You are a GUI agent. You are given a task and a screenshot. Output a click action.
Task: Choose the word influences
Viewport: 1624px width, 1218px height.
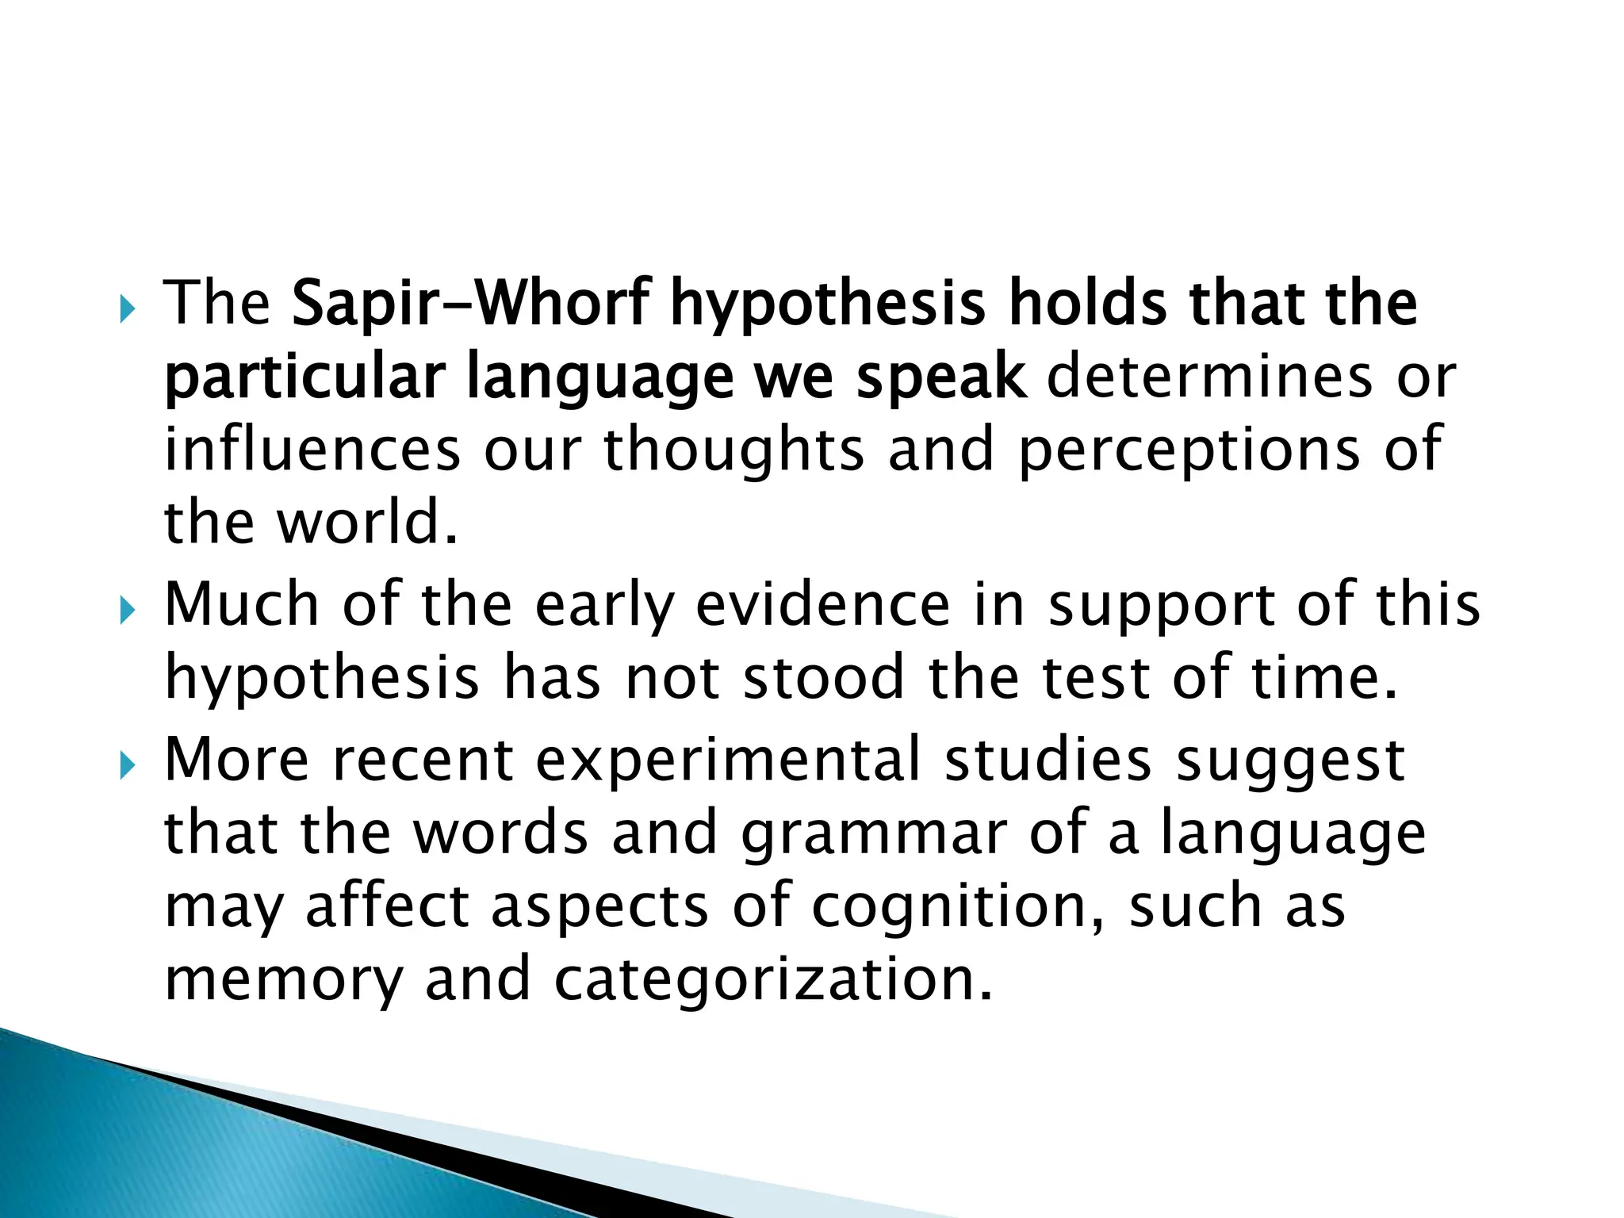[312, 450]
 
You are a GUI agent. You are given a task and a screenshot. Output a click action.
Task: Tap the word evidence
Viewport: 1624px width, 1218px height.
[822, 605]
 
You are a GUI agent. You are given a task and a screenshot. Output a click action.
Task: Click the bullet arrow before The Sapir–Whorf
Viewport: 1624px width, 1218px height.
[127, 310]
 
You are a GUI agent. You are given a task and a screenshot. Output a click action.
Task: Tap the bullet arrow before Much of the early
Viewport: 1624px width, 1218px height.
[127, 611]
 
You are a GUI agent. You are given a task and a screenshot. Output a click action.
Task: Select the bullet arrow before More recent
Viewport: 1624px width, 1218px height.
[127, 766]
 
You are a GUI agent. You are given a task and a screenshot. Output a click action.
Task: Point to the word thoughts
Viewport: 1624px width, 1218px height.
[733, 451]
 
